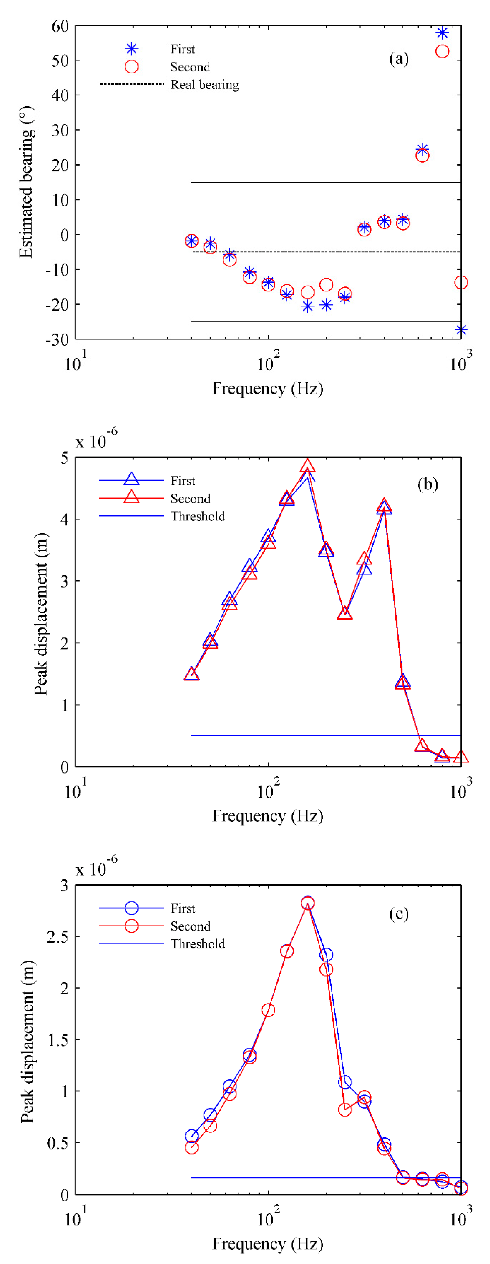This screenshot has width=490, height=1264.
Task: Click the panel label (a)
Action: (x=398, y=59)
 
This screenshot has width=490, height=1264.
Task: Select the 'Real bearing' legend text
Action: (x=205, y=85)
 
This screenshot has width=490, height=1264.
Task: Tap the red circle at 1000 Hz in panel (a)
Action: (x=461, y=282)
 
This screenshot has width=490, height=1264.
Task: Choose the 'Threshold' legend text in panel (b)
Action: (x=198, y=516)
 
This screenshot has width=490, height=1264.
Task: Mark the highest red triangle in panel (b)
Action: (x=307, y=466)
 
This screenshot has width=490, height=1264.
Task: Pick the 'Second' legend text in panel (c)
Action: (x=190, y=926)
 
